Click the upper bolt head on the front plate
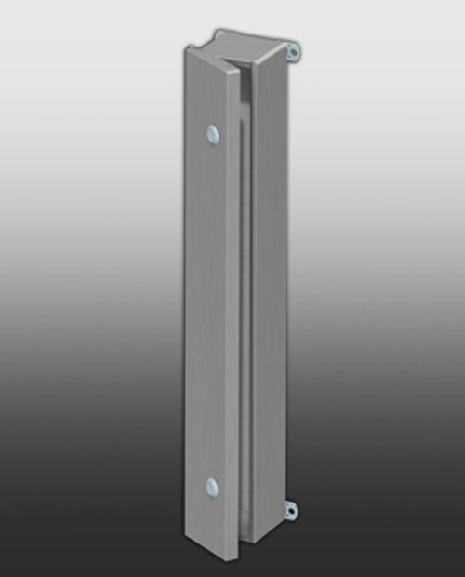click(x=213, y=135)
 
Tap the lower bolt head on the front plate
click(x=213, y=486)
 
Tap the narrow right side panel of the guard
click(x=270, y=298)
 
